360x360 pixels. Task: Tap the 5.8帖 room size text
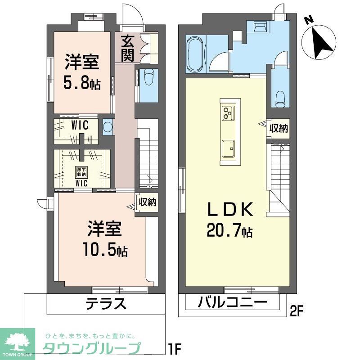coord(82,84)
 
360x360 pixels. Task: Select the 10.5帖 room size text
coord(104,250)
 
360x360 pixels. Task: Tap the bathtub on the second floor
coord(194,54)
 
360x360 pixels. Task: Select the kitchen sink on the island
coord(228,147)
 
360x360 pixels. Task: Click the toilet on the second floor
coord(280,97)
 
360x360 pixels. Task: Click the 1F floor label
coord(176,349)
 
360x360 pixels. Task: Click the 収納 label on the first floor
coord(147,202)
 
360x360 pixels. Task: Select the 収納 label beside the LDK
coord(279,129)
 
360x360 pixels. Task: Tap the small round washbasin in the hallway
coord(108,126)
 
